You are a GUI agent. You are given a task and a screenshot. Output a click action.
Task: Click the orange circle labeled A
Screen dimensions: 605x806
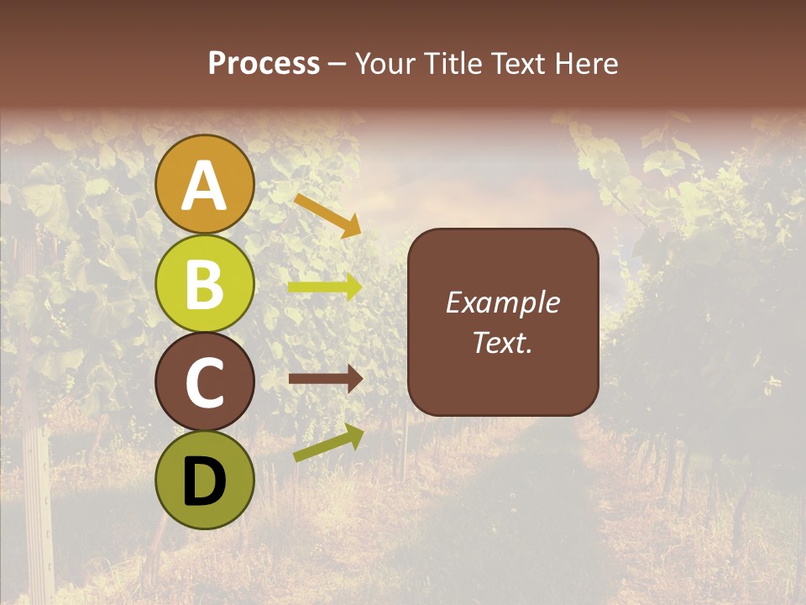204,184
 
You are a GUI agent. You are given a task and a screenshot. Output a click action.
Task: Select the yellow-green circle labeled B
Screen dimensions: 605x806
204,283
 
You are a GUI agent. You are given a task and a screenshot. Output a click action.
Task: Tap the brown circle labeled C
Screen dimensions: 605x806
204,382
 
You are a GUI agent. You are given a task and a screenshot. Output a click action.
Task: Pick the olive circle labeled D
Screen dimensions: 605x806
204,481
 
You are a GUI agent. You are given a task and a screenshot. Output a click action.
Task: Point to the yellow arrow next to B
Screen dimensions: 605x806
325,287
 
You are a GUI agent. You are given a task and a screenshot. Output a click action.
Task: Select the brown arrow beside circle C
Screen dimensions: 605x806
325,379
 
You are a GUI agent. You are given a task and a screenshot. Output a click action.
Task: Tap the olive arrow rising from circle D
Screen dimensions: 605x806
328,443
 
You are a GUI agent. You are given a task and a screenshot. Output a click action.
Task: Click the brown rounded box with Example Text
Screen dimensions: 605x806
503,322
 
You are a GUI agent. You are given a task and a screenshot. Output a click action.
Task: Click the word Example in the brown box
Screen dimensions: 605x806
502,302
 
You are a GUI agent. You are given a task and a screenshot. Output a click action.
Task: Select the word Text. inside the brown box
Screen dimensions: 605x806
502,342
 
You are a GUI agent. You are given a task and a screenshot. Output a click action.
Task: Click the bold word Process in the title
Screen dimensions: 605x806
264,63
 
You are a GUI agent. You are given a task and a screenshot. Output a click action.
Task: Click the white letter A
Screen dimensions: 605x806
204,186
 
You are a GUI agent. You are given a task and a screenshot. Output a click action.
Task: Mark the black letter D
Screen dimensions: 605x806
204,481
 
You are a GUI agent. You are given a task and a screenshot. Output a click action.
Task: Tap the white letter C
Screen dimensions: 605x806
204,383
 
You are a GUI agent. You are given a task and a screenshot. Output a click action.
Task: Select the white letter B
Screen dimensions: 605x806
204,284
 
